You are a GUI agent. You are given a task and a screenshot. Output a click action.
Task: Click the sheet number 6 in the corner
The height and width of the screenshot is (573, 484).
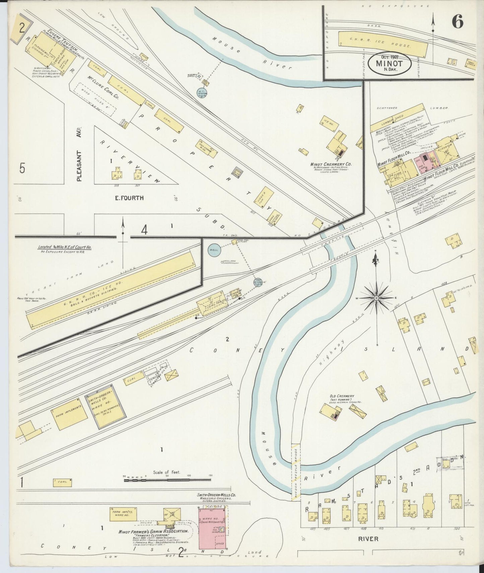[x=457, y=22]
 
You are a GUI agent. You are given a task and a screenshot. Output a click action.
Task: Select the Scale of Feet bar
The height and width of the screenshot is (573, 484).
[x=168, y=480]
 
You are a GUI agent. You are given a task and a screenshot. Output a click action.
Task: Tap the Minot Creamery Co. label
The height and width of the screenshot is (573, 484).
[x=330, y=165]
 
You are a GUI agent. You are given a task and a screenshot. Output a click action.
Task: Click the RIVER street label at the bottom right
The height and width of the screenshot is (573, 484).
[x=368, y=539]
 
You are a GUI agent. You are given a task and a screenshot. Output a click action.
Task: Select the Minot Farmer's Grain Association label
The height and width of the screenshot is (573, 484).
[x=153, y=532]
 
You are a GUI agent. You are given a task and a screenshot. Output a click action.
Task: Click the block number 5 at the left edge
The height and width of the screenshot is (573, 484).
[x=22, y=168]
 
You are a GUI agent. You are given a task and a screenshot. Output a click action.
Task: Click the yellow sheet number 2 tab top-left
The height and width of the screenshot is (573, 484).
[x=22, y=28]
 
